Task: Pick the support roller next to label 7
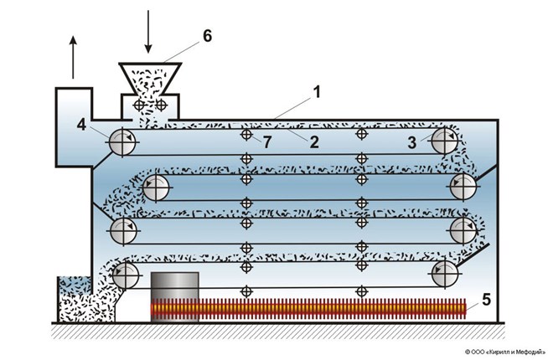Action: (x=246, y=134)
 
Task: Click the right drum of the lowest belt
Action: (x=446, y=271)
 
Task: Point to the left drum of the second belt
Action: (x=154, y=188)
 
